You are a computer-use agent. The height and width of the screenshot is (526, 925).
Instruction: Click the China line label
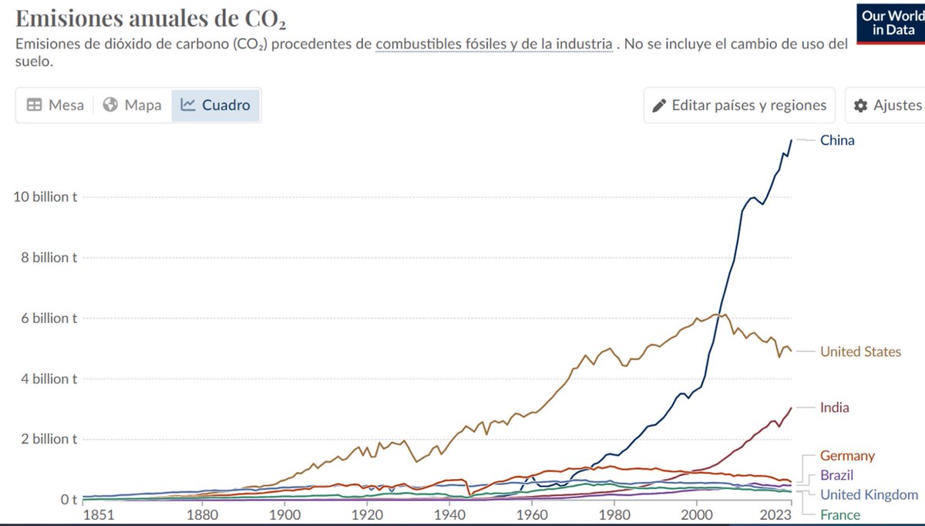coord(837,140)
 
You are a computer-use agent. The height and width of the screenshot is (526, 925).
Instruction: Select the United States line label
coord(860,352)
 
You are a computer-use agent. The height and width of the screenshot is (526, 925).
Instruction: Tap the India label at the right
coord(834,407)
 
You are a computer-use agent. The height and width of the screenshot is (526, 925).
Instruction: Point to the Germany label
coord(847,456)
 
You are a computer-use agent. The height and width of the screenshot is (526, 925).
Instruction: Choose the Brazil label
coord(836,475)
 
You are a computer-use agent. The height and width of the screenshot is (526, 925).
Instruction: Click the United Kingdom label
coord(869,494)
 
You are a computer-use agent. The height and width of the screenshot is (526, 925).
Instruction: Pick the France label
coord(840,514)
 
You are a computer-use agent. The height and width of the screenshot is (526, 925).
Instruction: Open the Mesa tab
coord(55,105)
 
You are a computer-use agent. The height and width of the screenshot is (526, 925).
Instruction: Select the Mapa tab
coord(132,105)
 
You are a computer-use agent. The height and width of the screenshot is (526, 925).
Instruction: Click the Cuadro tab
coord(216,105)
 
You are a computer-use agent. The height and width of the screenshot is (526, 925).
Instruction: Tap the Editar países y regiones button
coord(739,105)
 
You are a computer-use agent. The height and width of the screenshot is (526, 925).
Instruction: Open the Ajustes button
coord(887,105)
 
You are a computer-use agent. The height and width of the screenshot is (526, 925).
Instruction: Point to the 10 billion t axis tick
coord(45,197)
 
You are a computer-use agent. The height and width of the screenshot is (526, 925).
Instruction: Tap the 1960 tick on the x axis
coord(531,514)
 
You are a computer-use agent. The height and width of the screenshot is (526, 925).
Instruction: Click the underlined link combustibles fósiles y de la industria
coord(494,44)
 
